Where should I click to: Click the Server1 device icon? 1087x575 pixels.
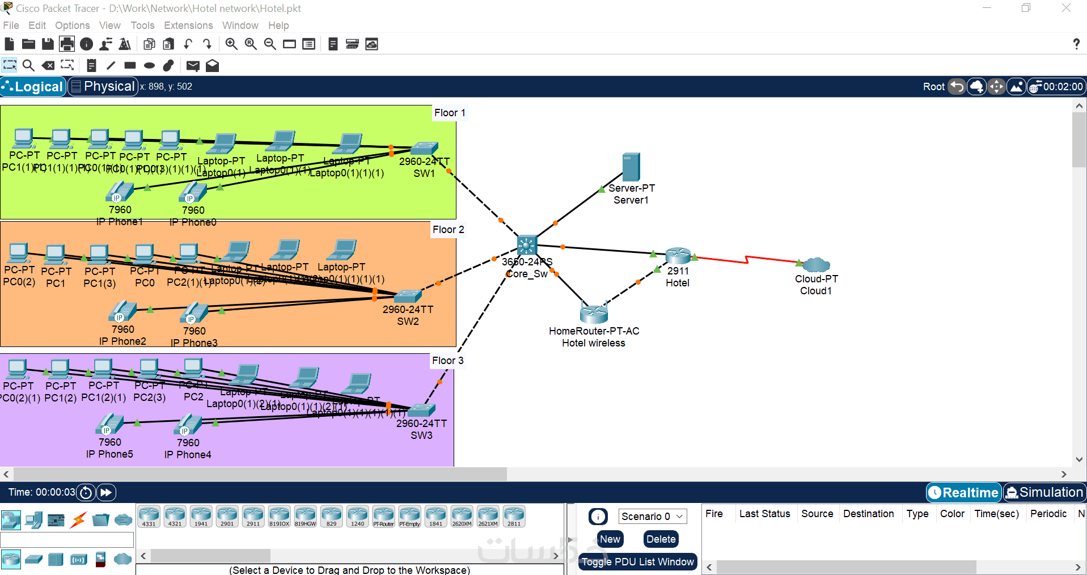tap(631, 167)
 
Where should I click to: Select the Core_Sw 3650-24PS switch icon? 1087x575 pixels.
tap(526, 245)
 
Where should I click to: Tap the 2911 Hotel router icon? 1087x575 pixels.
tap(678, 255)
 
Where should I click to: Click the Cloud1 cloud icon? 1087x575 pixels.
tap(816, 264)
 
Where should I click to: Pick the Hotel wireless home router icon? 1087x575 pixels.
tap(594, 312)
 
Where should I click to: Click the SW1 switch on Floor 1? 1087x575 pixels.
tap(424, 148)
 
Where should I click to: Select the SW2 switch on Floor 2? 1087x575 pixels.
tap(408, 296)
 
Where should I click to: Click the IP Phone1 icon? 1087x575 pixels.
tap(120, 192)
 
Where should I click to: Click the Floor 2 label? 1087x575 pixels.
tap(448, 230)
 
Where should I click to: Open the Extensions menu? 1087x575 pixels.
tap(188, 26)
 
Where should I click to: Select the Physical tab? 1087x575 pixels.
tap(103, 87)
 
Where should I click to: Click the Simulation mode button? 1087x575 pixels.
tap(1044, 492)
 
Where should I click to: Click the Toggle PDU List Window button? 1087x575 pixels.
tap(637, 562)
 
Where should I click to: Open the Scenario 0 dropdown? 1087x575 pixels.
tap(652, 516)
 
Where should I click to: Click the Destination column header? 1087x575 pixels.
tap(868, 514)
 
